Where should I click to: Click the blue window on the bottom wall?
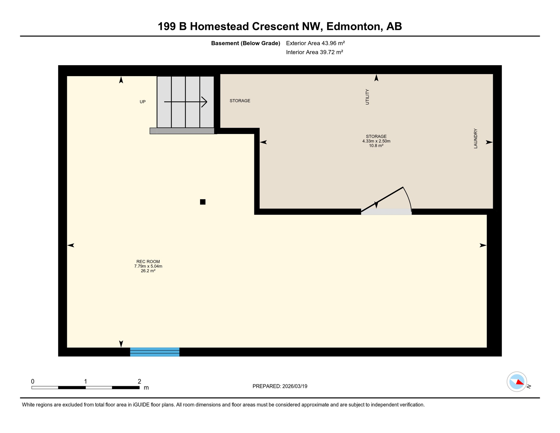point(155,352)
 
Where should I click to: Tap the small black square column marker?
point(203,202)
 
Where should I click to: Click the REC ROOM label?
point(148,262)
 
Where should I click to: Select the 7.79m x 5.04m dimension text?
point(148,266)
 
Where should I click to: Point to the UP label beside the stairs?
point(143,102)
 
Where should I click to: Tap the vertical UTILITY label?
point(367,97)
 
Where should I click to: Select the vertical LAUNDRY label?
point(475,138)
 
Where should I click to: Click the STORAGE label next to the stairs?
point(240,101)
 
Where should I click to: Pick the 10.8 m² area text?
point(376,146)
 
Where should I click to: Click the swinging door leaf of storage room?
point(382,199)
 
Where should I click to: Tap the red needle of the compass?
point(520,383)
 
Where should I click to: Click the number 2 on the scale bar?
point(139,381)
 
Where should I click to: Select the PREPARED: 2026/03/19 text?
point(280,386)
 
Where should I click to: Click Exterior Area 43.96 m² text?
point(315,43)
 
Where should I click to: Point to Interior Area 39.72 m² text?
point(314,52)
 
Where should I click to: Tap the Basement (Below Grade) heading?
point(245,43)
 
